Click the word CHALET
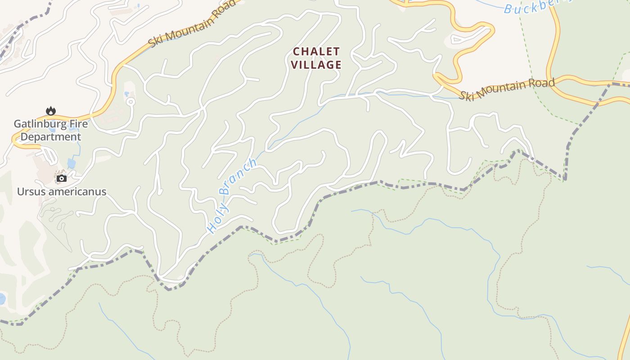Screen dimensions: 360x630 pyautogui.click(x=316, y=51)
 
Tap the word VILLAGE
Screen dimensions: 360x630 pyautogui.click(x=316, y=65)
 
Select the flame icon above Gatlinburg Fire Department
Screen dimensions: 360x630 pyautogui.click(x=51, y=111)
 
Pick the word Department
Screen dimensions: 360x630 pyautogui.click(x=51, y=137)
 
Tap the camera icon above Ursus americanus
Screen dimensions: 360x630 pyautogui.click(x=61, y=179)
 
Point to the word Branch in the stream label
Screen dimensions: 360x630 pyautogui.click(x=239, y=175)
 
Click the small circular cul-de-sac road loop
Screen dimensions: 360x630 pyautogui.click(x=131, y=102)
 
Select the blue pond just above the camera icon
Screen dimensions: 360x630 pyautogui.click(x=72, y=163)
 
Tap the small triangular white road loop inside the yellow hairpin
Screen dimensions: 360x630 pyautogui.click(x=459, y=40)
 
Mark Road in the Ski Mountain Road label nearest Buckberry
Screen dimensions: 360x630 pyautogui.click(x=542, y=83)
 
